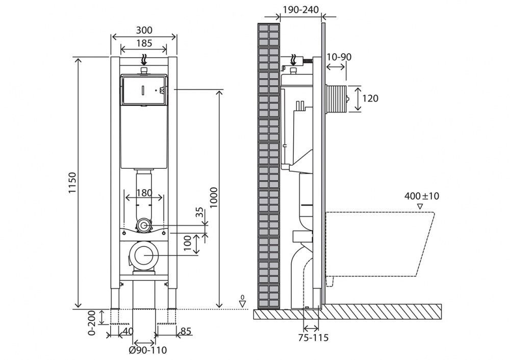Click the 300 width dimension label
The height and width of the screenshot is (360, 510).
[x=144, y=30]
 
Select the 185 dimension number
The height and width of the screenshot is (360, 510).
[x=144, y=43]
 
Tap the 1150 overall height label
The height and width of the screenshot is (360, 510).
[x=72, y=183]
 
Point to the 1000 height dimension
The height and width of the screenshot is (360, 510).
[x=213, y=197]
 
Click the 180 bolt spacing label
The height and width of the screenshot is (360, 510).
[x=144, y=193]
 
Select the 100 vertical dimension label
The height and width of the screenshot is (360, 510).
[x=188, y=244]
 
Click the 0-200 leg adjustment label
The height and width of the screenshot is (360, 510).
[x=92, y=323]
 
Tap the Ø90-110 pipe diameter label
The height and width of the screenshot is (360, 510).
[x=148, y=350]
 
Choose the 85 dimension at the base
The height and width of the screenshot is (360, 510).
[x=186, y=331]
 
